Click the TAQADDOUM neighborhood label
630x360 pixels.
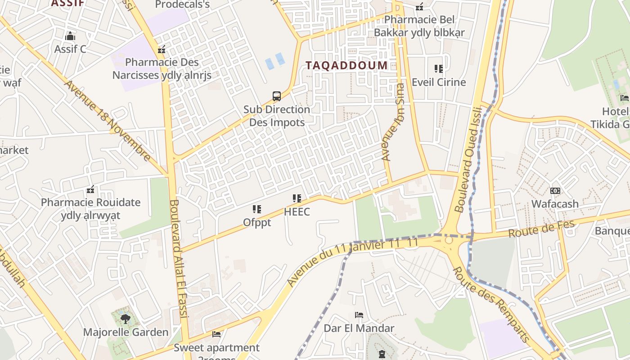click(346, 65)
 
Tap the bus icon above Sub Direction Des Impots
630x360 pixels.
click(277, 96)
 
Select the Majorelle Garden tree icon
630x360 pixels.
click(126, 319)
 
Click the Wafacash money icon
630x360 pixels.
click(555, 191)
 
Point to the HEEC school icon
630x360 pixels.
click(297, 198)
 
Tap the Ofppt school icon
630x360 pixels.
click(257, 209)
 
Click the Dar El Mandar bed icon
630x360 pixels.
click(359, 315)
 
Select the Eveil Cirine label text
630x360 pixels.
click(439, 82)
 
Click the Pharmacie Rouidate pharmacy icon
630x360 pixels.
click(90, 189)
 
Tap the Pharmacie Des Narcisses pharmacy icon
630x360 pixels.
click(162, 49)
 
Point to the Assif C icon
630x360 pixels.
click(70, 36)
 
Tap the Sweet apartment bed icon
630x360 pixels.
click(216, 334)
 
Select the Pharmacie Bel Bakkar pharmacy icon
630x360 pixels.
click(419, 7)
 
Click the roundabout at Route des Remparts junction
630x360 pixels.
click(449, 240)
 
